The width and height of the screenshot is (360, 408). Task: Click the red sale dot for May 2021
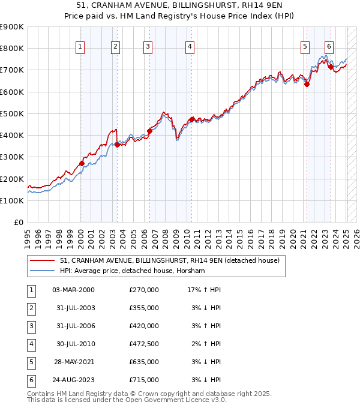coord(307,84)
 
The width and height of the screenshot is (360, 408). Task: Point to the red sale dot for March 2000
coord(82,163)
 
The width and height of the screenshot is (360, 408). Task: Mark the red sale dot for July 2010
coord(191,119)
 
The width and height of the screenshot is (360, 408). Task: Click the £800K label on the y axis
coord(12,49)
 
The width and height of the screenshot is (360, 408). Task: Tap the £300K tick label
coord(12,157)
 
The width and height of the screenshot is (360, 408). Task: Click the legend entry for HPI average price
coord(133,271)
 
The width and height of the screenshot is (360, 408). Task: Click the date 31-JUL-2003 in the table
coord(74,308)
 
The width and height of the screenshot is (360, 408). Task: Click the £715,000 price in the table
coord(144,379)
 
